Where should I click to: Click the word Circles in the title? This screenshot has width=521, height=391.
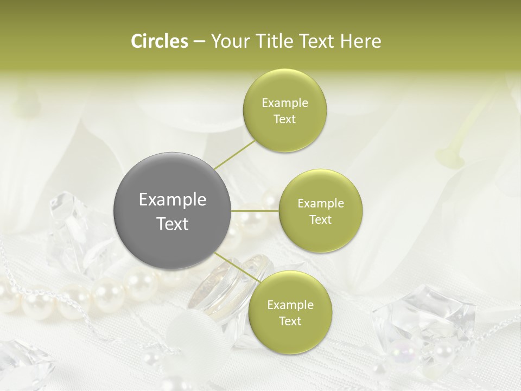160,41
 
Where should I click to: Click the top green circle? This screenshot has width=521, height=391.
284,87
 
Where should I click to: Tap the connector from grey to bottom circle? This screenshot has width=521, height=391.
236,268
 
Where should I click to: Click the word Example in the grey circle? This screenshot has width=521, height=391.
173,200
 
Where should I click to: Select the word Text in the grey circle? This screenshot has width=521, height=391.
173,224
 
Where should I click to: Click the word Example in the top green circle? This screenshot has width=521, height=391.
285,103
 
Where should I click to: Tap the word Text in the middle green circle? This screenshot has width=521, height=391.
320,219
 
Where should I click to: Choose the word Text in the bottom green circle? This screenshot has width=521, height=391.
290,321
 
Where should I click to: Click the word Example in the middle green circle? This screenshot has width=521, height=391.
321,204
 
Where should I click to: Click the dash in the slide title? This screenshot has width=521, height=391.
199,41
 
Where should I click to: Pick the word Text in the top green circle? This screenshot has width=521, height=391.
284,119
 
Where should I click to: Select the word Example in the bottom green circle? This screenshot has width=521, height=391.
290,305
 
